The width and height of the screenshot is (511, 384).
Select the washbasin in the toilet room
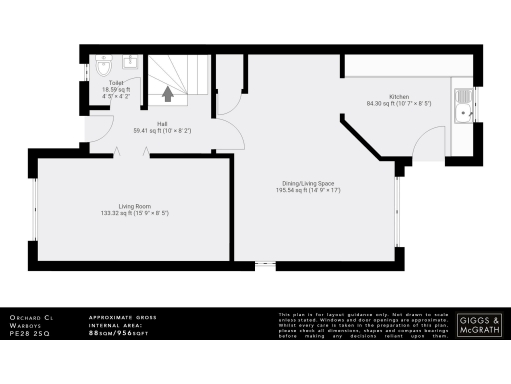tap(131, 63)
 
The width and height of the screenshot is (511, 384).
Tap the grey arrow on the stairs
tap(168, 95)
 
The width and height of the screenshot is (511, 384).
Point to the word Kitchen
tap(398, 95)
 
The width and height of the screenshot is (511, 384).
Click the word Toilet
tap(118, 83)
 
